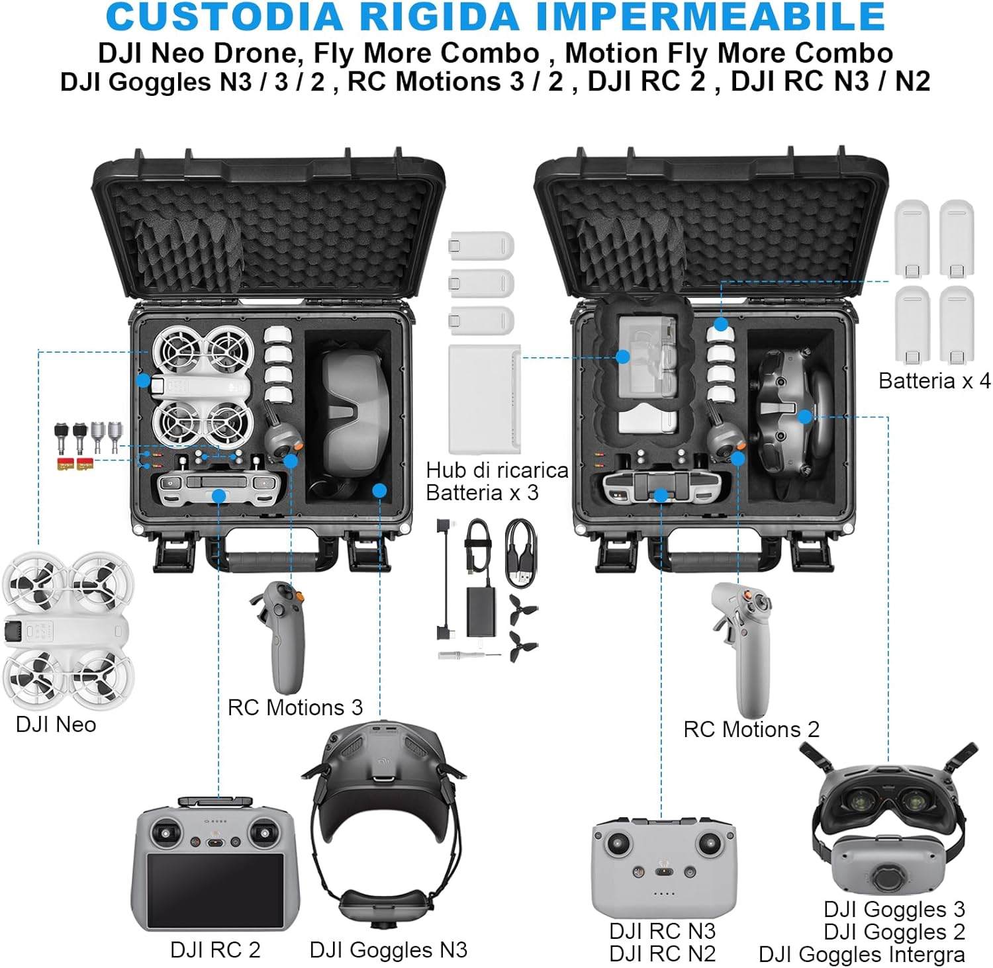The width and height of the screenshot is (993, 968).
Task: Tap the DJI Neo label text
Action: pyautogui.click(x=56, y=725)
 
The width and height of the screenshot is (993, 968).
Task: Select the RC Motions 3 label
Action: pyautogui.click(x=295, y=707)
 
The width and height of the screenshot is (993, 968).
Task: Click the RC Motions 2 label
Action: pyautogui.click(x=751, y=729)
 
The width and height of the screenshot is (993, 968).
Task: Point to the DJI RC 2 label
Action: pyautogui.click(x=215, y=949)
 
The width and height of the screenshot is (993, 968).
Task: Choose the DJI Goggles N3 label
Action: pyautogui.click(x=389, y=949)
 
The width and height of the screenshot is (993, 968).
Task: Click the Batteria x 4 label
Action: pyautogui.click(x=934, y=380)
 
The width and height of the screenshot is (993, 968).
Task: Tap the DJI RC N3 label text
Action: pyautogui.click(x=662, y=931)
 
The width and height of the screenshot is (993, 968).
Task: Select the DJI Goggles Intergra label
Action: pyautogui.click(x=861, y=955)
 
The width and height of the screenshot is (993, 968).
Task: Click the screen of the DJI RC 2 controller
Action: pyautogui.click(x=215, y=890)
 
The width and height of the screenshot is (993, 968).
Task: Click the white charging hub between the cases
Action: pyautogui.click(x=485, y=398)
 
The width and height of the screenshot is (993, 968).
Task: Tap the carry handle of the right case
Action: pyautogui.click(x=716, y=559)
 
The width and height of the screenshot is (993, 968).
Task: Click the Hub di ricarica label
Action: pyautogui.click(x=496, y=470)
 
